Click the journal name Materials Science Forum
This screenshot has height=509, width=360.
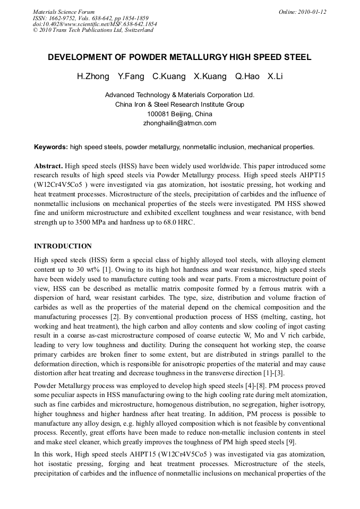click(64, 11)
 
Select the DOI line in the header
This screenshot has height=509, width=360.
click(95, 24)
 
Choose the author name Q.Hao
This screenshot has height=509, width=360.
click(247, 76)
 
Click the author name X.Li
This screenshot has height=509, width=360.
click(275, 76)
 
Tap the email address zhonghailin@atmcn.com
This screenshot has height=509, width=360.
click(179, 123)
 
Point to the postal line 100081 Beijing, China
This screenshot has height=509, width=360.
click(179, 114)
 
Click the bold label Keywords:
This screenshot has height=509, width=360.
click(51, 147)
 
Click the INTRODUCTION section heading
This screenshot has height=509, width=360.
click(63, 246)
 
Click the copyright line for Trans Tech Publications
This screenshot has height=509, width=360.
click(93, 30)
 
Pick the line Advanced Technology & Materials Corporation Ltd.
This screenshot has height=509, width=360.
click(179, 95)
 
